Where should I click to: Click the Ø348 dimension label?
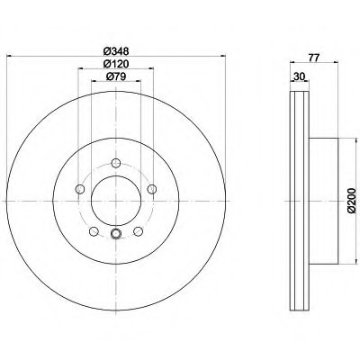(116, 51)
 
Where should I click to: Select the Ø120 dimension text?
(116, 64)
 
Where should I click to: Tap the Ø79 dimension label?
(116, 76)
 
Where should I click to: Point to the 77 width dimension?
(313, 58)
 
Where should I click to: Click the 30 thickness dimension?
(299, 76)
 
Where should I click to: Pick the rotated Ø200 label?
(351, 201)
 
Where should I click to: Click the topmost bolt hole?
(116, 163)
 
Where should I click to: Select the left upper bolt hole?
(80, 189)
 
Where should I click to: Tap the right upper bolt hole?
(152, 189)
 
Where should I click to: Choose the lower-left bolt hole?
(94, 231)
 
